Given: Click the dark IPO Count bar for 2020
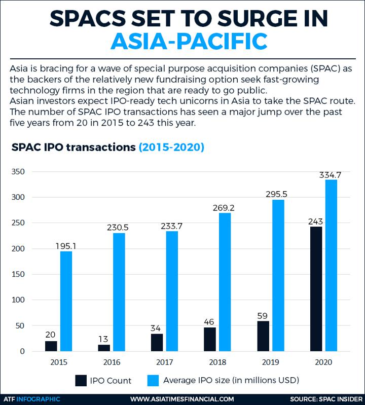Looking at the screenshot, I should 315,289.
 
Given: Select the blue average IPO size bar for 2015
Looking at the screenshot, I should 66,301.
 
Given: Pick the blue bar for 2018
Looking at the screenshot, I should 225,282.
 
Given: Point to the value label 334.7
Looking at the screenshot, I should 330,175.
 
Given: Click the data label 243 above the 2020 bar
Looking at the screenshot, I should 315,222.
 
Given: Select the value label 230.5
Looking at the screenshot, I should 118,228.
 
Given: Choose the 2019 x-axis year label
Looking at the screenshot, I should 269,363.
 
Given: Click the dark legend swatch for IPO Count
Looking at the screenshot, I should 82,380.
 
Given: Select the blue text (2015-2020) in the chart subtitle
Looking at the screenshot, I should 171,148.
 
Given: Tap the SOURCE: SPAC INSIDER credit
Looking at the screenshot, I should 326,399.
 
